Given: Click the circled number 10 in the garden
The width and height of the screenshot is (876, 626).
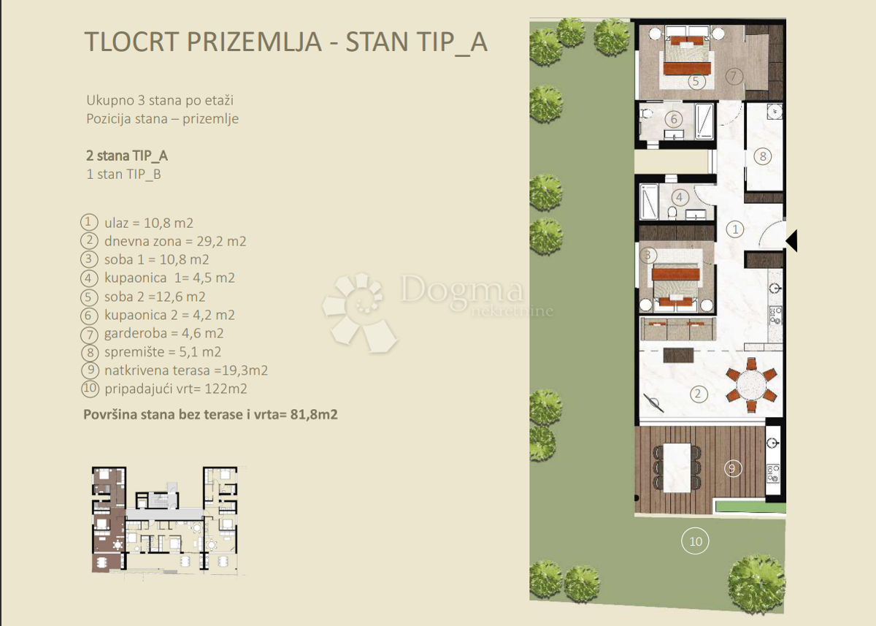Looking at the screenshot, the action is tap(695, 541).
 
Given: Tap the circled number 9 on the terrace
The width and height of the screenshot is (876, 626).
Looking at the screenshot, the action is tap(732, 468).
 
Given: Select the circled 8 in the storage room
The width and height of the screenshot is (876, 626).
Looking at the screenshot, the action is tap(763, 156).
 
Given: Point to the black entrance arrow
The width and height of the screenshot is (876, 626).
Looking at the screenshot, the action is tap(791, 240).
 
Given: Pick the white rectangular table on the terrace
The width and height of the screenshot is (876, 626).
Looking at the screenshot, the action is tap(677, 467).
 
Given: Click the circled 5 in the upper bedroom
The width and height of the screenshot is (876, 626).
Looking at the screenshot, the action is tap(696, 81).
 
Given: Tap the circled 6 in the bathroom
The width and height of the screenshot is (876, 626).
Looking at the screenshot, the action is tap(673, 119).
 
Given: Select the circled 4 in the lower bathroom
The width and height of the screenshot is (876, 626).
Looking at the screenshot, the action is tap(680, 197).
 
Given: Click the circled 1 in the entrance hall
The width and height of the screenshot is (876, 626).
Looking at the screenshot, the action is tap(735, 229).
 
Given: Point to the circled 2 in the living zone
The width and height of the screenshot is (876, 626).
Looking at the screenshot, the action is tap(698, 394).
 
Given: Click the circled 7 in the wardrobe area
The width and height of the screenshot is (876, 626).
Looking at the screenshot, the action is tap(734, 76).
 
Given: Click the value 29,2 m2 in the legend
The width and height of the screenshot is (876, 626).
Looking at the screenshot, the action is tap(221, 241).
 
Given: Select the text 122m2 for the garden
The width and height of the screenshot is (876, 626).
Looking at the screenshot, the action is tap(226, 389).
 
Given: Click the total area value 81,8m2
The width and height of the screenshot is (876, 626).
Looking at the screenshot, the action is tap(314, 414).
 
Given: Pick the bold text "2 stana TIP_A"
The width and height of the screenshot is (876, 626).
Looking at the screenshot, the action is tap(127, 156).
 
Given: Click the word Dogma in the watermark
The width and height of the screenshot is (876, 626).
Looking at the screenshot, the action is tap(461, 290).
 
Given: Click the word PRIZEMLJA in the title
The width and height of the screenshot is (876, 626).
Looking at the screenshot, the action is tap(254, 42).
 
